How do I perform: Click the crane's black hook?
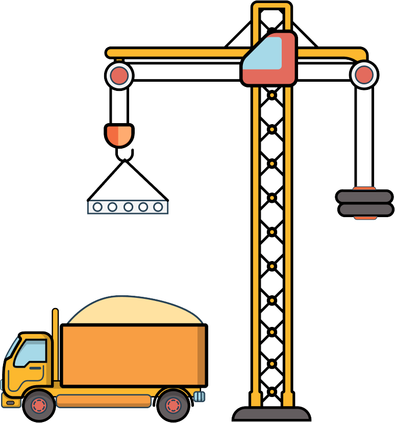click(x=124, y=155)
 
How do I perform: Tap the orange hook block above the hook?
click(x=119, y=134)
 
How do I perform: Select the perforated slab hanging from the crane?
click(x=128, y=206)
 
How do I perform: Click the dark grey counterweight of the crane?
click(x=364, y=203)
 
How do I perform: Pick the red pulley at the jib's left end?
click(x=119, y=76)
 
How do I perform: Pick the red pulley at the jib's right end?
click(x=364, y=75)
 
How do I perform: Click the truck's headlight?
click(x=10, y=403)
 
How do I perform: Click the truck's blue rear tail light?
click(x=199, y=396)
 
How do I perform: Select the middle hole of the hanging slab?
click(x=128, y=207)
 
